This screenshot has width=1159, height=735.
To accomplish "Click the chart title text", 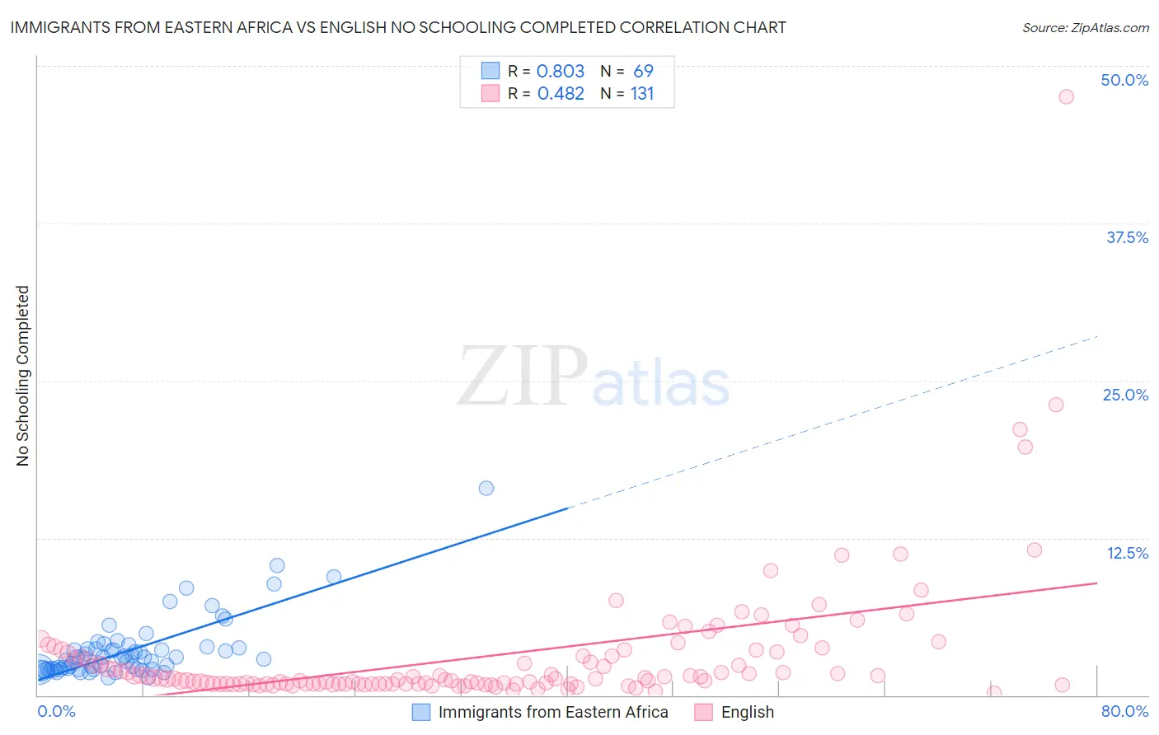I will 398,27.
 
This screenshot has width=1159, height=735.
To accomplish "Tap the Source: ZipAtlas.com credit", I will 1085,27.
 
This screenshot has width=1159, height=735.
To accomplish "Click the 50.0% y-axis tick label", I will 1124,80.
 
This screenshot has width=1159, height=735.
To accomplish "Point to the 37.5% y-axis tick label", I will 1127,237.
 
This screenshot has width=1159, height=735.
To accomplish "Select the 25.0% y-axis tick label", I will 1125,395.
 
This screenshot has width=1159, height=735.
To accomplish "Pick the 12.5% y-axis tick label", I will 1127,553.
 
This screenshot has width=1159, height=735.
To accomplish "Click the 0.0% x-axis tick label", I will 56,711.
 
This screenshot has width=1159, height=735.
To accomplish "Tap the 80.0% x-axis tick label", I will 1124,711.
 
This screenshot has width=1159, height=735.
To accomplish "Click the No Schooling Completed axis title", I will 22,376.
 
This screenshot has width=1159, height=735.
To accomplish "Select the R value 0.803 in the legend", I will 561,71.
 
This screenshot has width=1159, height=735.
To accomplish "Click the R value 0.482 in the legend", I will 561,93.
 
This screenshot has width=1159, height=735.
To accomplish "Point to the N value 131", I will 642,93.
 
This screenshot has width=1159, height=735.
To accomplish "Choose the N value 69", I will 643,71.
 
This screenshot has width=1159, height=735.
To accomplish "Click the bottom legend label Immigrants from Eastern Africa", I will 553,712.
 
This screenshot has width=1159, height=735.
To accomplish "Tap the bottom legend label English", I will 748,712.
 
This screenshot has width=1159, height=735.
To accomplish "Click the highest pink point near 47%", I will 1066,96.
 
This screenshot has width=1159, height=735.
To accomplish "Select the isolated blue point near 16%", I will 486,488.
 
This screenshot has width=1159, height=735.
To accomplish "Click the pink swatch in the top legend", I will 490,93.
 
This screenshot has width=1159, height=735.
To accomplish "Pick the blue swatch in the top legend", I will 490,71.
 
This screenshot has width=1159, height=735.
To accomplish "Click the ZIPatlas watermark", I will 594,377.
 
